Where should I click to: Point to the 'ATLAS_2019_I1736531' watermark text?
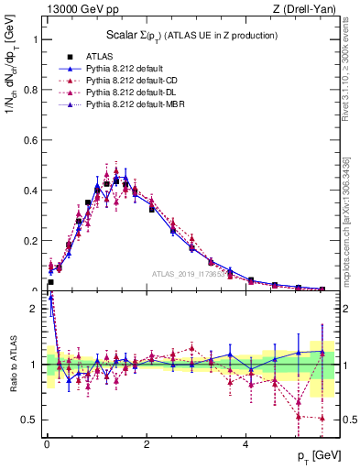pos(192,274)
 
